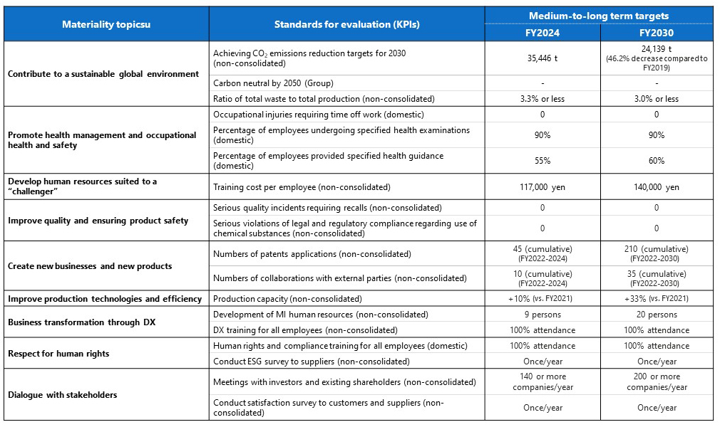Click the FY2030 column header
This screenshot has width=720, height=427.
pos(657,32)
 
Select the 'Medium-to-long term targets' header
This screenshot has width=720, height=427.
pos(599,15)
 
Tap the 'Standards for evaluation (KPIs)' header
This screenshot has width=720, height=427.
pos(346,24)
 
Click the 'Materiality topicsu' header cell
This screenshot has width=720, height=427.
pos(106,24)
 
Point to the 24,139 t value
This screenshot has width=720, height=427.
pos(657,49)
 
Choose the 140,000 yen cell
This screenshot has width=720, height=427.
pos(657,187)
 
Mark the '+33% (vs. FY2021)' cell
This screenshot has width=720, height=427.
pos(657,299)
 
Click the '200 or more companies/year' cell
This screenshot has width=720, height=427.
pos(657,382)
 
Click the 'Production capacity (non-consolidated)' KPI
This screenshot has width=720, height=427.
pos(287,299)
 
